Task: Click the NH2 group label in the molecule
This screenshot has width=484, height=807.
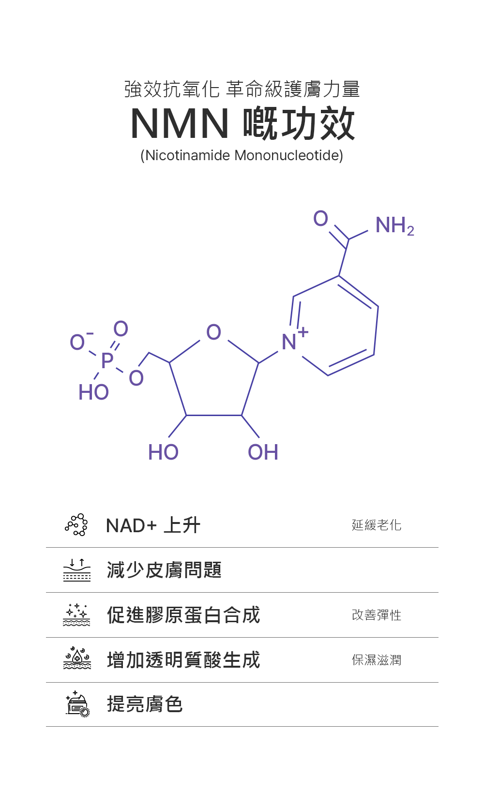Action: click(394, 225)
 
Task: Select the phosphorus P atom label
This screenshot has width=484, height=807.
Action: click(107, 360)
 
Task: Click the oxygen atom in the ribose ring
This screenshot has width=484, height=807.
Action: click(213, 332)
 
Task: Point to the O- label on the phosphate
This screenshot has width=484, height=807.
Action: click(79, 342)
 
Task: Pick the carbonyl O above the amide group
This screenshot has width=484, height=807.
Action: click(320, 219)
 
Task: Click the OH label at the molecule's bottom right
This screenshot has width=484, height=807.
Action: click(263, 452)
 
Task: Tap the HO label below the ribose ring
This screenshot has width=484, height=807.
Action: click(163, 452)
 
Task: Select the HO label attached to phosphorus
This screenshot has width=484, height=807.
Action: click(93, 392)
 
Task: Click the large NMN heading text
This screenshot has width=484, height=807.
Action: click(180, 124)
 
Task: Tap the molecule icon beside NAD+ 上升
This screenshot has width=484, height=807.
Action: click(76, 525)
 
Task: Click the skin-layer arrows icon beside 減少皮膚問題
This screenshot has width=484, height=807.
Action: click(76, 570)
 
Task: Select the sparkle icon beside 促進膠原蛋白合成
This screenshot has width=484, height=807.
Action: click(76, 615)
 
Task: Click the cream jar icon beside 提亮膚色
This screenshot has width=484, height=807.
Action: click(76, 704)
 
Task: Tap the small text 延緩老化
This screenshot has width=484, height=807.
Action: click(377, 525)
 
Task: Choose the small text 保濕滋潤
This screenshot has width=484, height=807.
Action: click(377, 660)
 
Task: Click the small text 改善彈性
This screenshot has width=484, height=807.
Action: click(377, 615)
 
